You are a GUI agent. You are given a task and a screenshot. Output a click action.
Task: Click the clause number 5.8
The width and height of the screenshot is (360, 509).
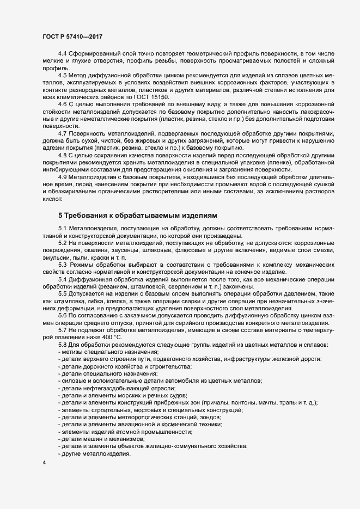(x=63, y=345)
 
